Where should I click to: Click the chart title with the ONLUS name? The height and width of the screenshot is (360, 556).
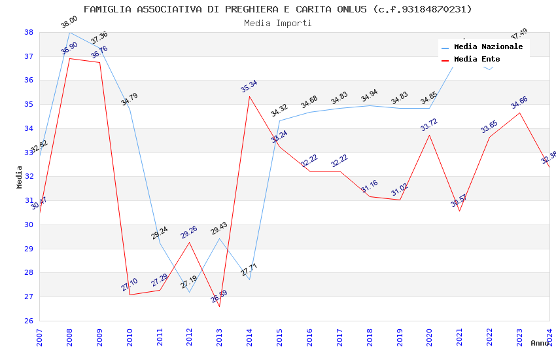pyautogui.click(x=277, y=9)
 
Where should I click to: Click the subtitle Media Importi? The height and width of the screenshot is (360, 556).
pyautogui.click(x=277, y=23)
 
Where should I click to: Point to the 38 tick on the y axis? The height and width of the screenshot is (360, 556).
pyautogui.click(x=29, y=32)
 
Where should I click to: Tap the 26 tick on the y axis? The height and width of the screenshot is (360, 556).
pyautogui.click(x=29, y=321)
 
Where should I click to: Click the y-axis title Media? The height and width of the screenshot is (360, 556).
pyautogui.click(x=20, y=177)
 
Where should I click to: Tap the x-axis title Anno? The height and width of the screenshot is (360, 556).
pyautogui.click(x=540, y=343)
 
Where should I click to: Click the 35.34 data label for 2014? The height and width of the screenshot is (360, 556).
pyautogui.click(x=249, y=86)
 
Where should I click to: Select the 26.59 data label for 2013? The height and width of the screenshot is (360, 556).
pyautogui.click(x=219, y=297)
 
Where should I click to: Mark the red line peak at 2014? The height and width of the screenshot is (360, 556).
pyautogui.click(x=249, y=96)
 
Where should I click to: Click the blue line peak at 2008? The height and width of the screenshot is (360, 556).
pyautogui.click(x=69, y=32)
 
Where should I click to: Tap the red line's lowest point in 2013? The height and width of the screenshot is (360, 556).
pyautogui.click(x=219, y=306)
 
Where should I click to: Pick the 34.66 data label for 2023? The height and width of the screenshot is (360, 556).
pyautogui.click(x=519, y=102)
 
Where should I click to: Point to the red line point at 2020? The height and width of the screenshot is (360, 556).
pyautogui.click(x=429, y=135)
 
